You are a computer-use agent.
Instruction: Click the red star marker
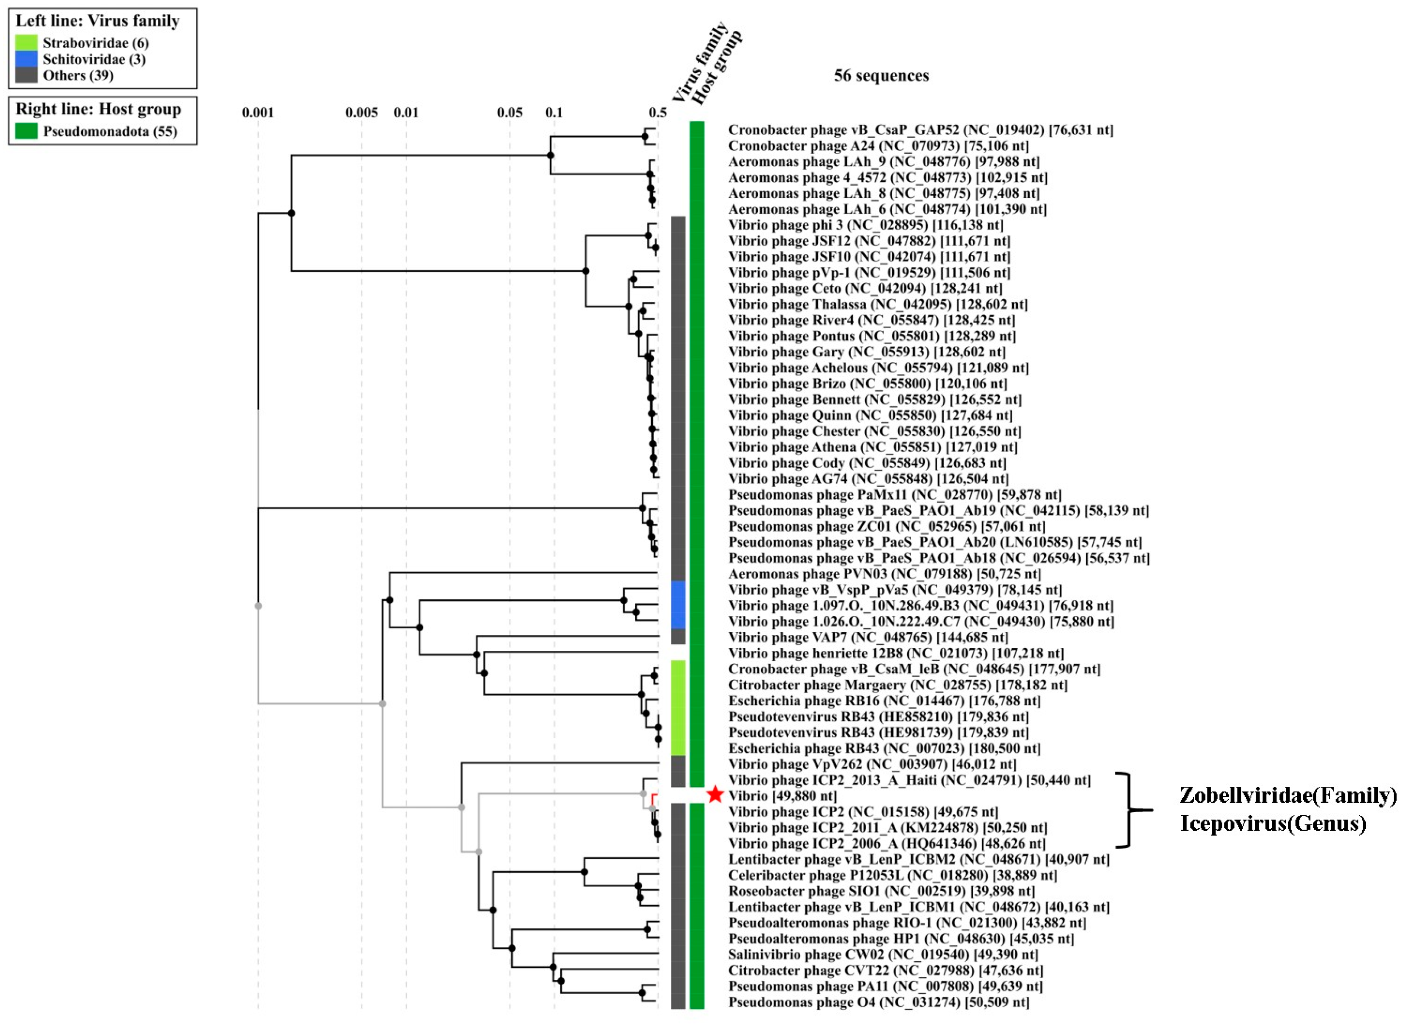click(x=715, y=794)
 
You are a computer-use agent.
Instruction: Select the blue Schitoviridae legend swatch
click(x=26, y=59)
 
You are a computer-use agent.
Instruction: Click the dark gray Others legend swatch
click(x=26, y=75)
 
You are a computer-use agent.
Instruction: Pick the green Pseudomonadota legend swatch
click(x=26, y=131)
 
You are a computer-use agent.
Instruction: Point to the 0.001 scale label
click(x=258, y=112)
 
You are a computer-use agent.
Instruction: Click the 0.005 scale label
click(x=362, y=112)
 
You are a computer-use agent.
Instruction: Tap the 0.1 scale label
click(x=554, y=112)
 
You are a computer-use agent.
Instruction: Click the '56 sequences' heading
click(x=881, y=76)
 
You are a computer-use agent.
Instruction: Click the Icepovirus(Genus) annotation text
click(x=1272, y=823)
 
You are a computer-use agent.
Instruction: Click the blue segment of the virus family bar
click(x=678, y=604)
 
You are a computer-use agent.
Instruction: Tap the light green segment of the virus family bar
click(x=678, y=707)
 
